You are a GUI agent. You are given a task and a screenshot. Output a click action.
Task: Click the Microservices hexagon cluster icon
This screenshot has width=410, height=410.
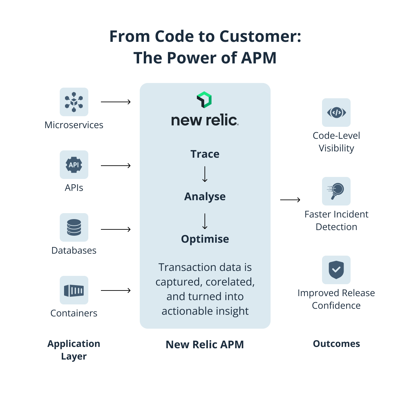[x=74, y=102]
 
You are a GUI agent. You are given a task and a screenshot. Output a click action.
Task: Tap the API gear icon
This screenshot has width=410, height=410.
[x=74, y=165]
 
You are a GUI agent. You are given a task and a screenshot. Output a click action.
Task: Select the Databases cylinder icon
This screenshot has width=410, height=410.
[x=74, y=227]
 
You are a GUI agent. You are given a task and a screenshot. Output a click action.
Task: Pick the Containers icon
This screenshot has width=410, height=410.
[x=74, y=290]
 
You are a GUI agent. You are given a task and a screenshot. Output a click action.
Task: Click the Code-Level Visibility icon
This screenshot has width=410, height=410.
[x=336, y=113]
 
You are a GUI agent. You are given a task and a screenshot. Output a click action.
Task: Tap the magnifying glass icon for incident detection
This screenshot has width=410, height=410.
[x=336, y=191]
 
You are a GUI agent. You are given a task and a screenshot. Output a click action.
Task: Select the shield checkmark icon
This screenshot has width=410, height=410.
[x=336, y=270]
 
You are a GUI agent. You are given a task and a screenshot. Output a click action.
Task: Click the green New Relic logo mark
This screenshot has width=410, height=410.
[x=204, y=100]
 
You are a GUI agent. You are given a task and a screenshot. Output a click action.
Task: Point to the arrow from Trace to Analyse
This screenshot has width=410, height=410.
[x=205, y=174]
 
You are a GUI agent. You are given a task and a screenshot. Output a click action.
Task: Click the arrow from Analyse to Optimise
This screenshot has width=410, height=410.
[x=205, y=221]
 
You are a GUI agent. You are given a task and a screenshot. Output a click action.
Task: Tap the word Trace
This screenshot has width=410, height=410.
[x=205, y=154]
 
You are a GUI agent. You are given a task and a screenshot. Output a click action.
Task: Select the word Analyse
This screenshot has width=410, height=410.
[x=205, y=197]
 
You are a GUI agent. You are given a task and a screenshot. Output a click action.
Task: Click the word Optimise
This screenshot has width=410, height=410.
[x=205, y=239]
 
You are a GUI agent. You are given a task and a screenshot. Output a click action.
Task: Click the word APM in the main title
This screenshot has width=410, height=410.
[x=259, y=58]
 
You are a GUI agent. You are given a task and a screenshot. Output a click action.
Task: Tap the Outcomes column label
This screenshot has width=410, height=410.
[x=336, y=344]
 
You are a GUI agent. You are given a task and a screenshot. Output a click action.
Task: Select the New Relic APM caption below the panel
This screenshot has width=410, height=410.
[x=205, y=345]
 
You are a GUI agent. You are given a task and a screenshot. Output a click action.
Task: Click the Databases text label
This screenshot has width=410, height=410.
[x=74, y=250]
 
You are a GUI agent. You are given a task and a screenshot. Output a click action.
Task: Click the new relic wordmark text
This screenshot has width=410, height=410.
[x=205, y=120]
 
